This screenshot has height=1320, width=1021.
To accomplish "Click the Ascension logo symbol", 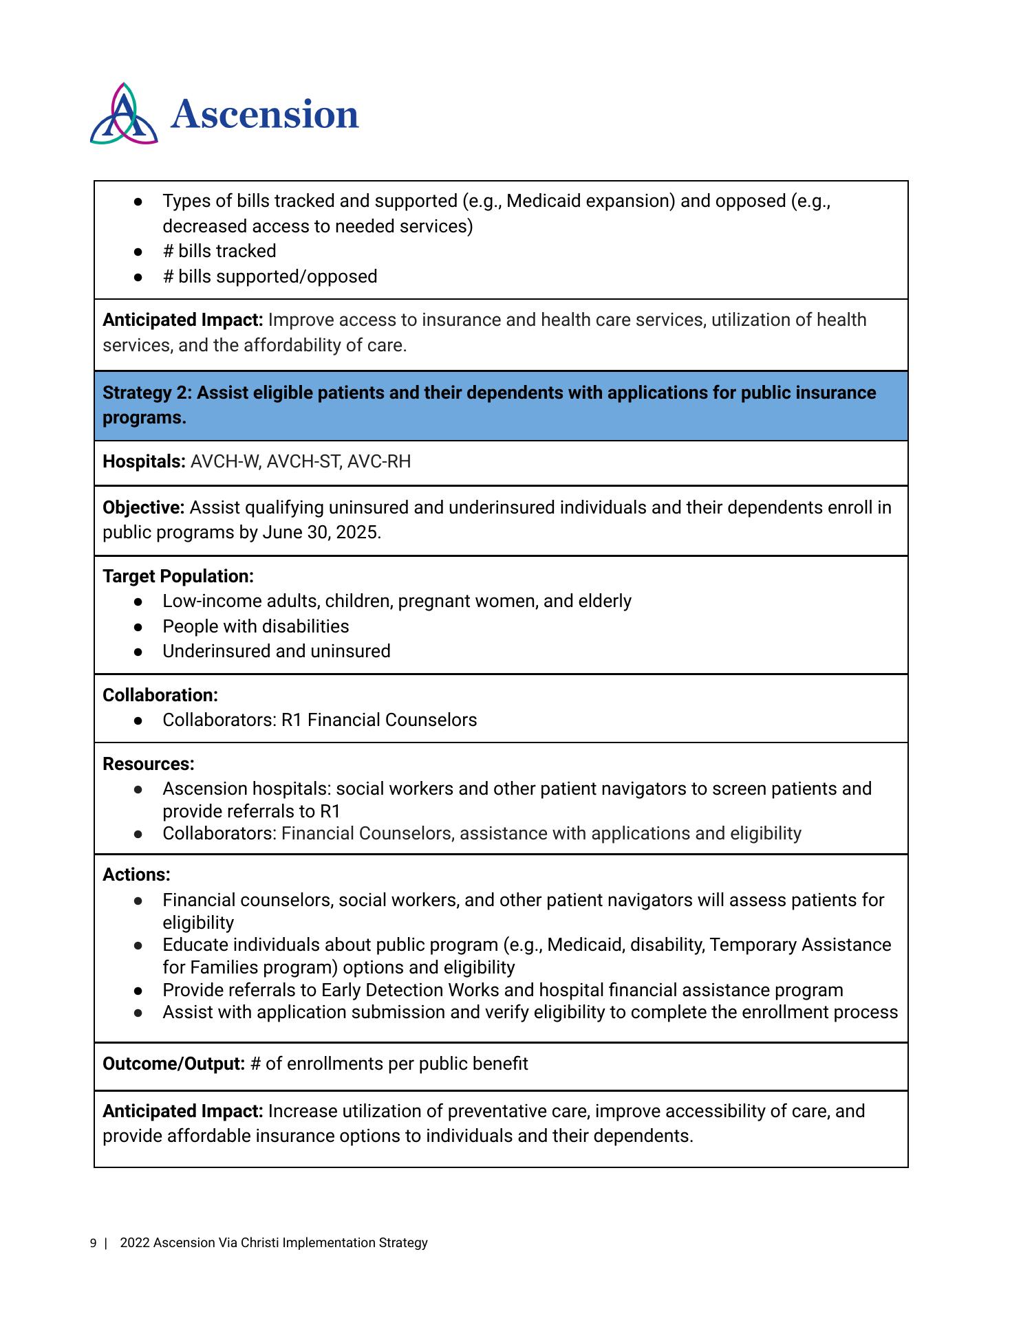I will (x=124, y=114).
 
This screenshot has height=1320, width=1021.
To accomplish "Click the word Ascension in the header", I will (x=265, y=114).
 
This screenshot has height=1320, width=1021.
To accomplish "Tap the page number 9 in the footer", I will (x=93, y=1243).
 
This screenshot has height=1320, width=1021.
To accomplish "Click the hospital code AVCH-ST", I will (x=303, y=461).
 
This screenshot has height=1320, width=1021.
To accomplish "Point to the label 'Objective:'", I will (x=144, y=507).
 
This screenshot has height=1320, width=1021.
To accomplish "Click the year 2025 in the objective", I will (x=358, y=533).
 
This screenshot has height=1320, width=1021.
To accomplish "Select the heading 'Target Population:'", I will (x=178, y=576).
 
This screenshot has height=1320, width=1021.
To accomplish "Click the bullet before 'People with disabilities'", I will (x=138, y=627).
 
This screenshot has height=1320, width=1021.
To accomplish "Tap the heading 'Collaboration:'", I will (x=160, y=695).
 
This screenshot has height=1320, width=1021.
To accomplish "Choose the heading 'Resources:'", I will (x=149, y=764).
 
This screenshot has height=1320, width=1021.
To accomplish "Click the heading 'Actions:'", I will (x=136, y=874).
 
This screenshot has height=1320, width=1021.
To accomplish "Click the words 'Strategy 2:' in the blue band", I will (x=147, y=393).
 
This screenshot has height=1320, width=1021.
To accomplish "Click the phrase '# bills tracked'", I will (x=219, y=251).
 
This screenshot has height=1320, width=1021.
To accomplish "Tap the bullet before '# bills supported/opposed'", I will (x=138, y=277).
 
